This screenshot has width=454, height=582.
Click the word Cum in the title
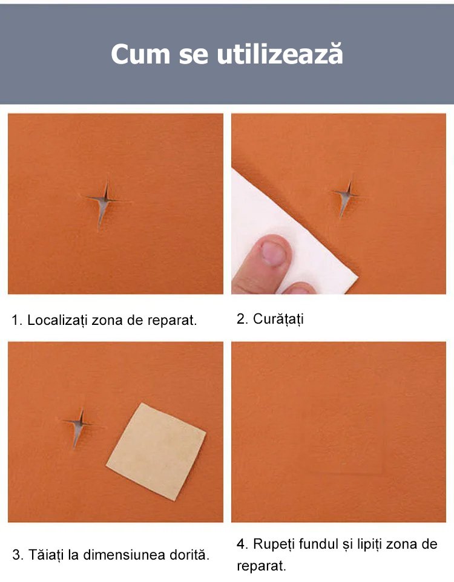140,54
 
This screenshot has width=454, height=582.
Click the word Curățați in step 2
278,318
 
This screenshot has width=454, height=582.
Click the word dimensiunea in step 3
124,555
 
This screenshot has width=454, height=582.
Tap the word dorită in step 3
189,555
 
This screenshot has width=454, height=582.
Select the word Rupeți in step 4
274,544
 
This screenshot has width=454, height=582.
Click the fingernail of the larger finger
274,253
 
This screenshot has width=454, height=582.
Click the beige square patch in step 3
156,451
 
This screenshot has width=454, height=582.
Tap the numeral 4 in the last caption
241,544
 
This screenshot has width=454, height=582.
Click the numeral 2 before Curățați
240,318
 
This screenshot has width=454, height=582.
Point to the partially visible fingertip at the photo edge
300,288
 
